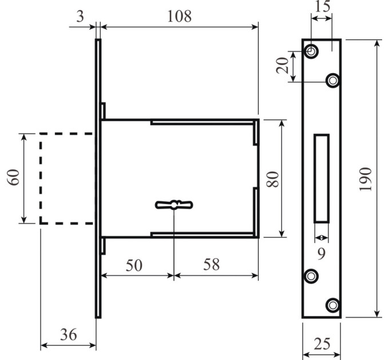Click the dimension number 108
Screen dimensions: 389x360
(180, 17)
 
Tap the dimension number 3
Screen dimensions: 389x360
(80, 17)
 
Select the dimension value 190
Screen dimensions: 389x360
(366, 179)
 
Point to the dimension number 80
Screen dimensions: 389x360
(273, 179)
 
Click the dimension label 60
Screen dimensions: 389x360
(13, 177)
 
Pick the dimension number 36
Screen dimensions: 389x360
(69, 334)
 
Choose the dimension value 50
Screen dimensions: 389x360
(134, 265)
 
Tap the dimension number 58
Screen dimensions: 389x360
(211, 264)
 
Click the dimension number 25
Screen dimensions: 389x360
(322, 343)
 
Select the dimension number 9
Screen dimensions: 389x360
(321, 254)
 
